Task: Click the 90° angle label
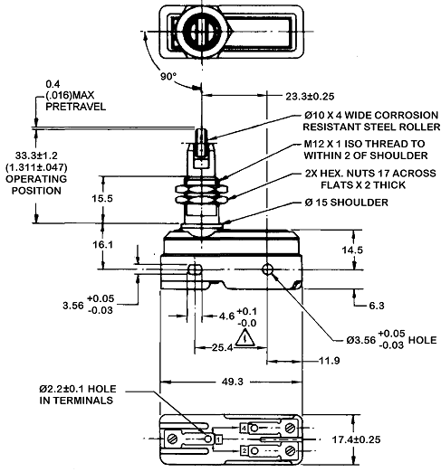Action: click(168, 77)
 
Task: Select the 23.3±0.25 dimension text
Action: click(310, 97)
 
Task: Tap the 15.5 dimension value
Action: click(102, 198)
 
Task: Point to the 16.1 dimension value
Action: click(102, 244)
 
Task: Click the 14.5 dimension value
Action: click(352, 250)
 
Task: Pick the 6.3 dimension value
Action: click(377, 306)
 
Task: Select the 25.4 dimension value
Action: click(222, 347)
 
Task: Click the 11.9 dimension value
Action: click(330, 361)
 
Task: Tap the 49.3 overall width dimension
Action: click(233, 382)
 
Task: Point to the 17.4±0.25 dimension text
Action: click(356, 439)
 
